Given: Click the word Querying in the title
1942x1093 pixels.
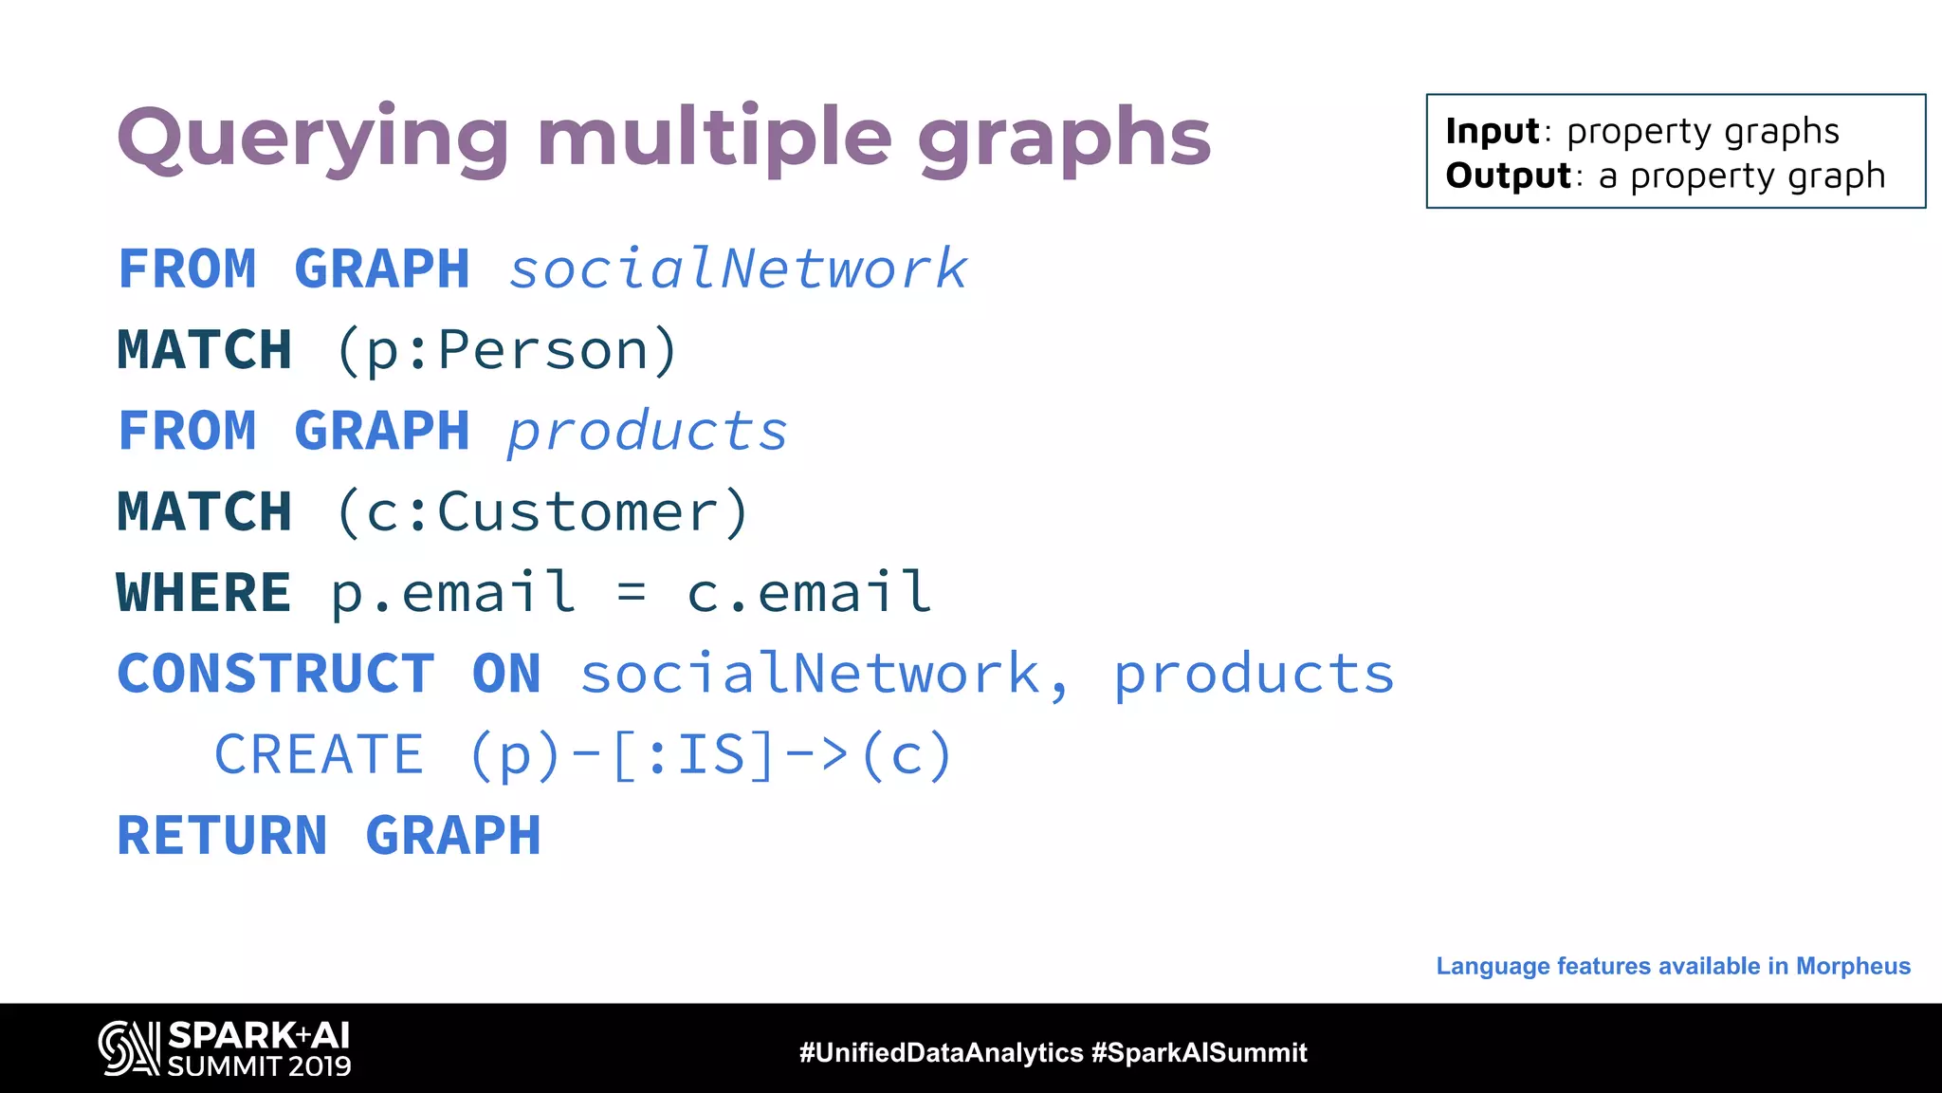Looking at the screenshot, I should pyautogui.click(x=313, y=140).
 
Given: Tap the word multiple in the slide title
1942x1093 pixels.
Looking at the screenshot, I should pyautogui.click(x=714, y=140).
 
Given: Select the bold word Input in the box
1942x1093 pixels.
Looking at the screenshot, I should pyautogui.click(x=1492, y=131).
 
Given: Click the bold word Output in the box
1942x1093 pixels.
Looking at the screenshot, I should pyautogui.click(x=1508, y=176).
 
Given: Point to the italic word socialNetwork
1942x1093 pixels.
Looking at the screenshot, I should pyautogui.click(x=738, y=269).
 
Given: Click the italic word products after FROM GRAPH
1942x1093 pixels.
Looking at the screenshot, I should pyautogui.click(x=647, y=432).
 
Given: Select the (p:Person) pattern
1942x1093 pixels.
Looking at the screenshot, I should pyautogui.click(x=507, y=350).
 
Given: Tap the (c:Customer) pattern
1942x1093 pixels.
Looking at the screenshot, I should pyautogui.click(x=542, y=512).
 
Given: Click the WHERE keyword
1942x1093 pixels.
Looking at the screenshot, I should pyautogui.click(x=203, y=593).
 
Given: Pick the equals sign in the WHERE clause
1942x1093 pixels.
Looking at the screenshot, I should pyautogui.click(x=632, y=594).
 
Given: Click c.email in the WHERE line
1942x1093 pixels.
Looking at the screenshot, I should pyautogui.click(x=809, y=593).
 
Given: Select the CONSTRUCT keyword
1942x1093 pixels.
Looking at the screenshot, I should pyautogui.click(x=275, y=674).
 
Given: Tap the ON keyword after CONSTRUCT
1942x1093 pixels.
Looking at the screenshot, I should pyautogui.click(x=506, y=674).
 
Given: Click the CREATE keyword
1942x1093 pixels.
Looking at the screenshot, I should pyautogui.click(x=319, y=755).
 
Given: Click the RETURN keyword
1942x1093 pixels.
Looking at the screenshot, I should pyautogui.click(x=222, y=836).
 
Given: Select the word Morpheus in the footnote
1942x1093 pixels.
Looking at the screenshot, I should pyautogui.click(x=1853, y=966).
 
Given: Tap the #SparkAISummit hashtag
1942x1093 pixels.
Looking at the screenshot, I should pyautogui.click(x=1199, y=1052).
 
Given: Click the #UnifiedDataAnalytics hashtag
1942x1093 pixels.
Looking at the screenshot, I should pyautogui.click(x=941, y=1052).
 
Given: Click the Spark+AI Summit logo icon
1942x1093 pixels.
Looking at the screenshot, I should pyautogui.click(x=129, y=1048).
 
